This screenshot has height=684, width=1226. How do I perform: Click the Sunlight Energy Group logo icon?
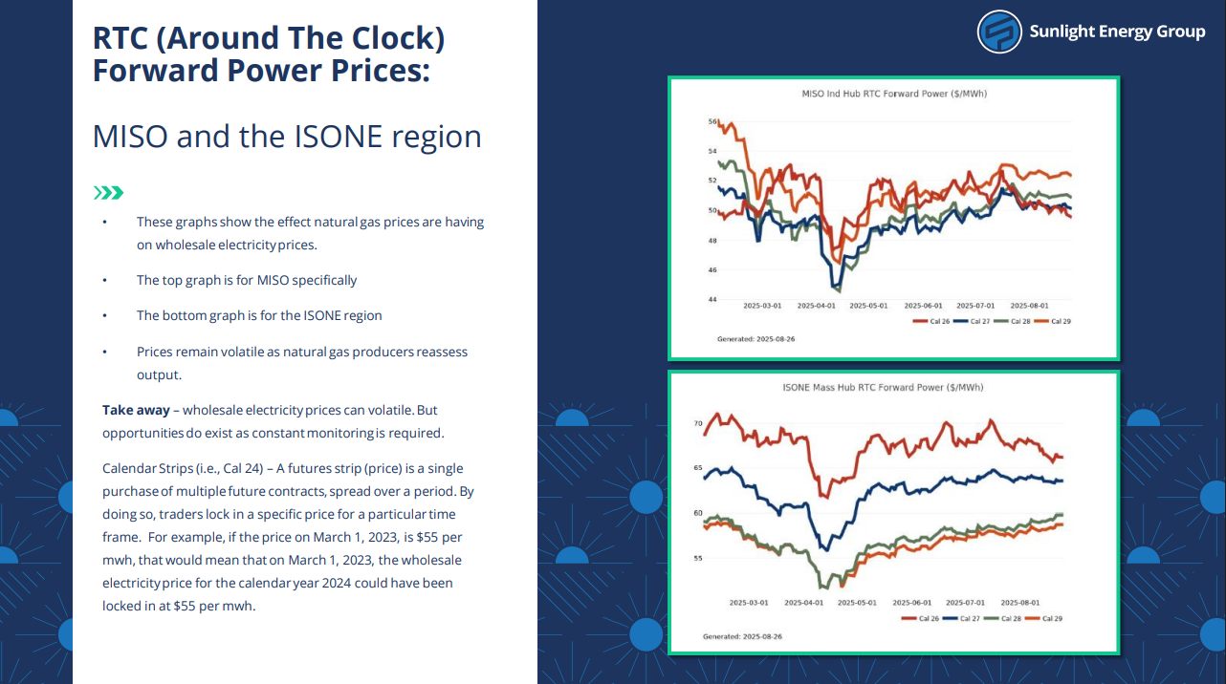(x=1000, y=32)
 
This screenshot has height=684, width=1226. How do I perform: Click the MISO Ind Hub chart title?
(x=895, y=94)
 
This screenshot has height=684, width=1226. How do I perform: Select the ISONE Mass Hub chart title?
(x=884, y=388)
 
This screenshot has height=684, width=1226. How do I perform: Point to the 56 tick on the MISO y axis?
(x=712, y=121)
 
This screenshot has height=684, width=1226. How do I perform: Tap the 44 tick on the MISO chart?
(x=712, y=300)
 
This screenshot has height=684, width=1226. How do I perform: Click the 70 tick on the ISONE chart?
(x=698, y=422)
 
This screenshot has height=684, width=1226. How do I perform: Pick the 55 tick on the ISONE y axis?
(x=698, y=558)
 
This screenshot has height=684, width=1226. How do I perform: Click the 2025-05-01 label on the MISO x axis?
(x=869, y=307)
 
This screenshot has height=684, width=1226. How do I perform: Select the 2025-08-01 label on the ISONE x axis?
(x=1019, y=603)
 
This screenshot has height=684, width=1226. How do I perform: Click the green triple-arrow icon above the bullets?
(x=108, y=193)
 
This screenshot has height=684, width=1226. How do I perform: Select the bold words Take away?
(x=136, y=410)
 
